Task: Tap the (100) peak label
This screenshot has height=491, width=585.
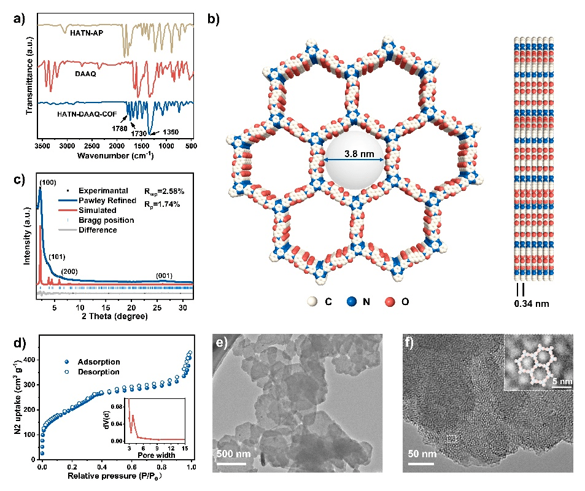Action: pos(48,182)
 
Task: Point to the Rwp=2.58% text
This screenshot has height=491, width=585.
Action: pos(165,190)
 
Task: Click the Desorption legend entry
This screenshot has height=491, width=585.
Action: pos(98,372)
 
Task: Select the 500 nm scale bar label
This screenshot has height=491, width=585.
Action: pos(233,455)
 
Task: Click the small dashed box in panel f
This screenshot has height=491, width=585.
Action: pos(452,438)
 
